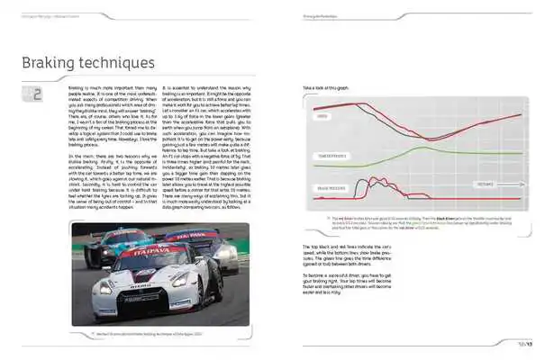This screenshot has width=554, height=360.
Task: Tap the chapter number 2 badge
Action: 36,94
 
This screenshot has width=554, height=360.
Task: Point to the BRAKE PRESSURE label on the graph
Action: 333,186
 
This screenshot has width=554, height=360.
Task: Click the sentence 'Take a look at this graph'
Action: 334,87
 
